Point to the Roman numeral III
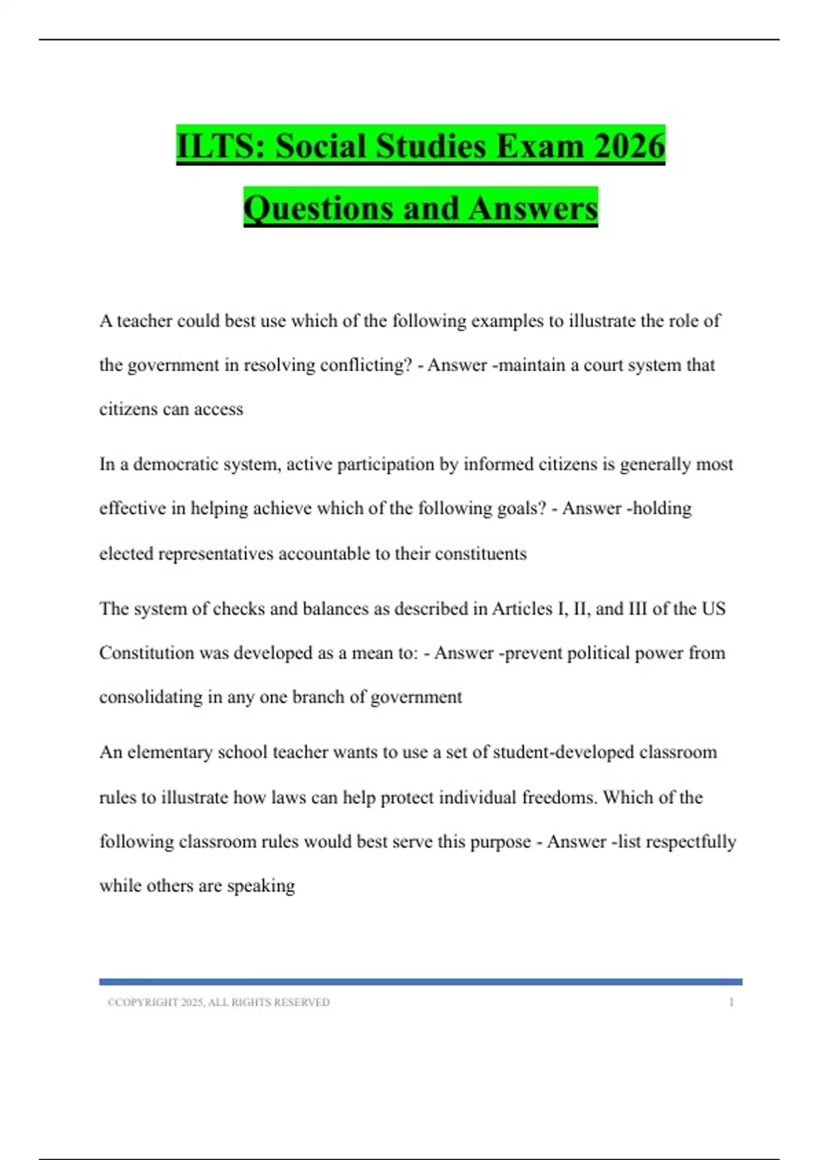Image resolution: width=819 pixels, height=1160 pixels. pos(635,609)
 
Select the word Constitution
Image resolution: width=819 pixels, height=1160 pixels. pos(147,653)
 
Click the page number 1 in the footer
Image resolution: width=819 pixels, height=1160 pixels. pos(731,1002)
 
